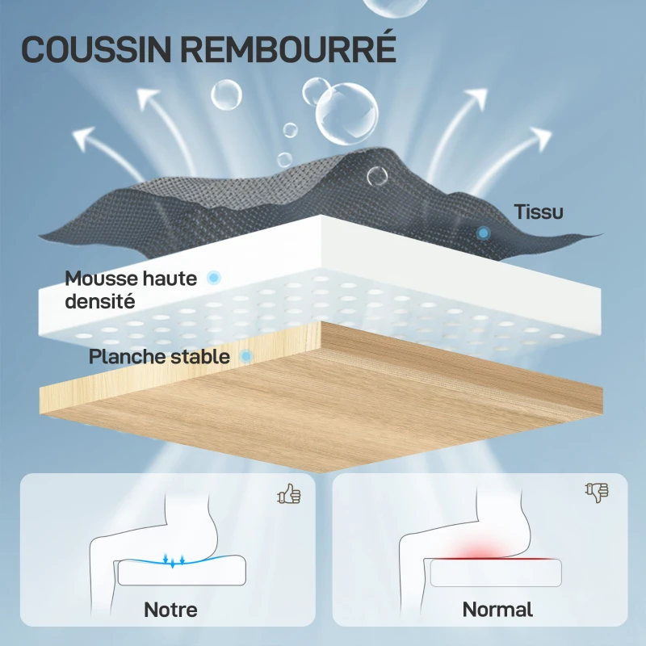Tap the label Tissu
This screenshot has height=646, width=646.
[x=539, y=212]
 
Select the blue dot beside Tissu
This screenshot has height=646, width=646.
[x=483, y=233]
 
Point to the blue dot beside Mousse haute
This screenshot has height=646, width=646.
[x=214, y=278]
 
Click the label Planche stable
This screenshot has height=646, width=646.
[x=159, y=356]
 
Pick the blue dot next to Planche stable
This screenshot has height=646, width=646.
[x=247, y=355]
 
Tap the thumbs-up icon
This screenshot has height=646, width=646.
[x=288, y=493]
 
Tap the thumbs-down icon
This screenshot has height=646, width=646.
[x=597, y=492]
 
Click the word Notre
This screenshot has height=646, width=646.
[x=170, y=609]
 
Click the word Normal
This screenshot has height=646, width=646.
[x=497, y=609]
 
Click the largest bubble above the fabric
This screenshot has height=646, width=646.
[x=346, y=114]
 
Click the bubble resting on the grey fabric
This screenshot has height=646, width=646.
[x=376, y=177]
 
